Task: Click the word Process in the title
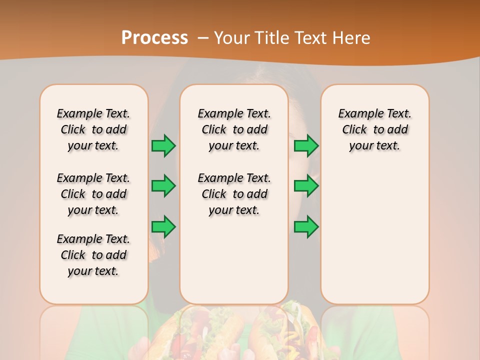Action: tap(154, 37)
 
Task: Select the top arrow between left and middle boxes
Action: tap(163, 145)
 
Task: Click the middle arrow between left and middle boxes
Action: tap(163, 186)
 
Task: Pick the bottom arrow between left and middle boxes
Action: tap(163, 226)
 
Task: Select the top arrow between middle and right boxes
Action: tap(306, 145)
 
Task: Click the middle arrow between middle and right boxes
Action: tap(306, 186)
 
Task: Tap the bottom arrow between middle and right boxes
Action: tap(306, 226)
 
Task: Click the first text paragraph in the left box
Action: tap(93, 129)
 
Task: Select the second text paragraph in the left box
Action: tap(93, 194)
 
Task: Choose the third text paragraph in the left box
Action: tap(93, 255)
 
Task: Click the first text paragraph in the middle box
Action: tap(234, 129)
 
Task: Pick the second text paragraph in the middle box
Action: tap(234, 194)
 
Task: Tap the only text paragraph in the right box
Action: tap(374, 129)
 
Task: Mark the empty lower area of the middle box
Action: tap(234, 260)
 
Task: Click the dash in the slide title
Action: tap(203, 38)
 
